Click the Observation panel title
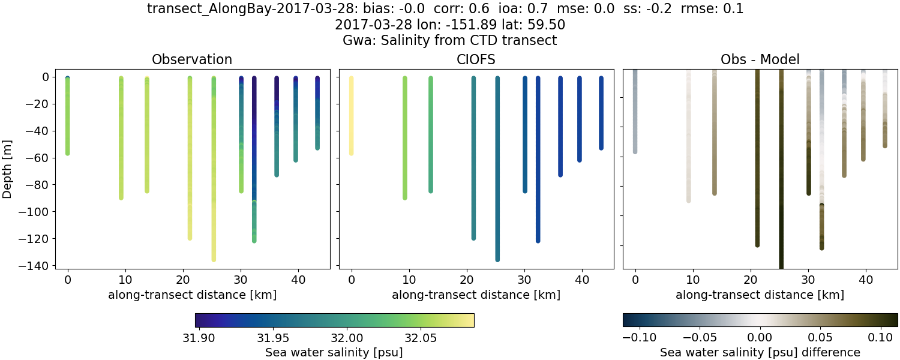pyautogui.click(x=191, y=59)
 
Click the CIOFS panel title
pyautogui.click(x=476, y=59)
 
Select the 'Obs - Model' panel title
pyautogui.click(x=760, y=59)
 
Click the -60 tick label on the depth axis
pyautogui.click(x=41, y=158)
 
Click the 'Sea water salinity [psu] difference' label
pyautogui.click(x=760, y=352)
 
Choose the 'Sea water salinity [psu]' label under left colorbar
pyautogui.click(x=334, y=352)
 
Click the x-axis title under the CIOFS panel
pyautogui.click(x=476, y=295)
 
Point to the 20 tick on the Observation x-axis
pyautogui.click(x=183, y=280)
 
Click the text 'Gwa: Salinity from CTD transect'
pyautogui.click(x=449, y=41)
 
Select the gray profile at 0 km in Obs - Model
pyautogui.click(x=635, y=114)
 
